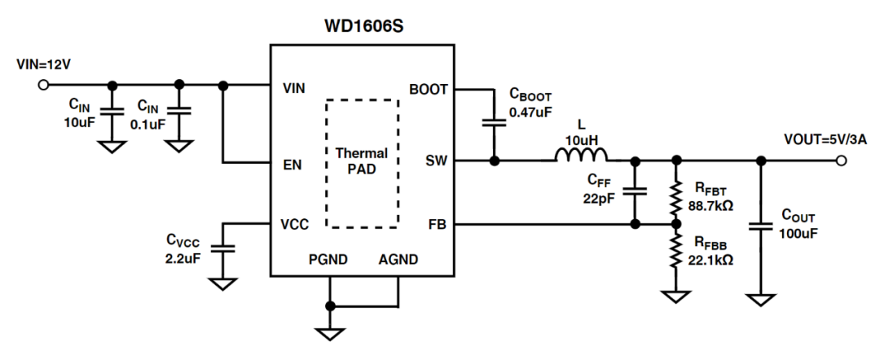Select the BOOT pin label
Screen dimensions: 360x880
429,90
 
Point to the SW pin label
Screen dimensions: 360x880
437,160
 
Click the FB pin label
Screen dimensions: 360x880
438,224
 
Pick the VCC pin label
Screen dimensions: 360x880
296,225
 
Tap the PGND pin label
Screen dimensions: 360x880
330,261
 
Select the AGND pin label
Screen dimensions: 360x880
399,261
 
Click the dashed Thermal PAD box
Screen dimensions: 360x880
362,163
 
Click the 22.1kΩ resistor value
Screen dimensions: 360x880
711,260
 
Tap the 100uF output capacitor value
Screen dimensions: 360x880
799,234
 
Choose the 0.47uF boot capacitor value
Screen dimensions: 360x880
531,111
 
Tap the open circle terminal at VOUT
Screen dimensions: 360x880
841,160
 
